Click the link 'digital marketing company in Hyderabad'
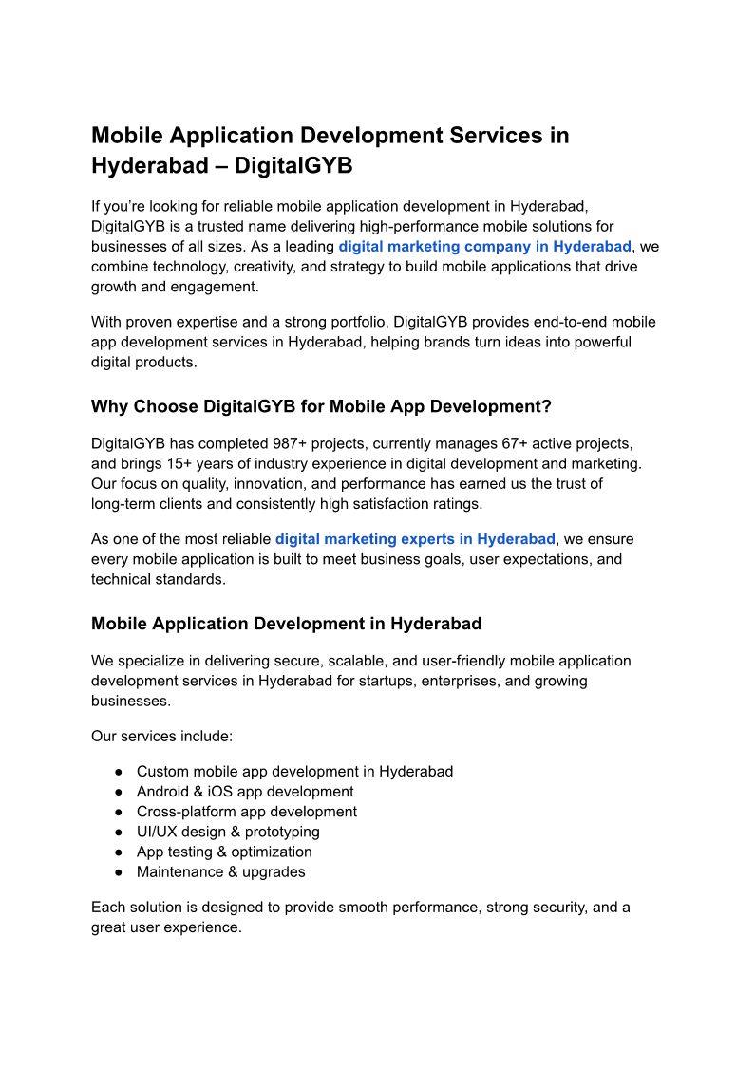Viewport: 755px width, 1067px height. [x=484, y=247]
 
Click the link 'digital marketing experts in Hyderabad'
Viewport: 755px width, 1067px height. [x=415, y=539]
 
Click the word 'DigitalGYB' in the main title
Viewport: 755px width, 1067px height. [x=293, y=165]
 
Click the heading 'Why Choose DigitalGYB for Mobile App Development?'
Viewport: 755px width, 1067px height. [x=321, y=406]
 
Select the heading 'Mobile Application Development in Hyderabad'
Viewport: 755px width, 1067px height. [x=286, y=624]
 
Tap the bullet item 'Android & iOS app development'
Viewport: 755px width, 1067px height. [x=245, y=792]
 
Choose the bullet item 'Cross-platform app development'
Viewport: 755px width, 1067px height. [x=247, y=812]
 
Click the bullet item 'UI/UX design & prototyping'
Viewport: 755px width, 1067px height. [x=228, y=832]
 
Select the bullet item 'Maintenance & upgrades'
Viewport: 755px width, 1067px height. [x=220, y=871]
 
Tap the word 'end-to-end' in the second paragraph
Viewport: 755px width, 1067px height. [x=564, y=322]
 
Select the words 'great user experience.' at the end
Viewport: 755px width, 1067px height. [x=166, y=927]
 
